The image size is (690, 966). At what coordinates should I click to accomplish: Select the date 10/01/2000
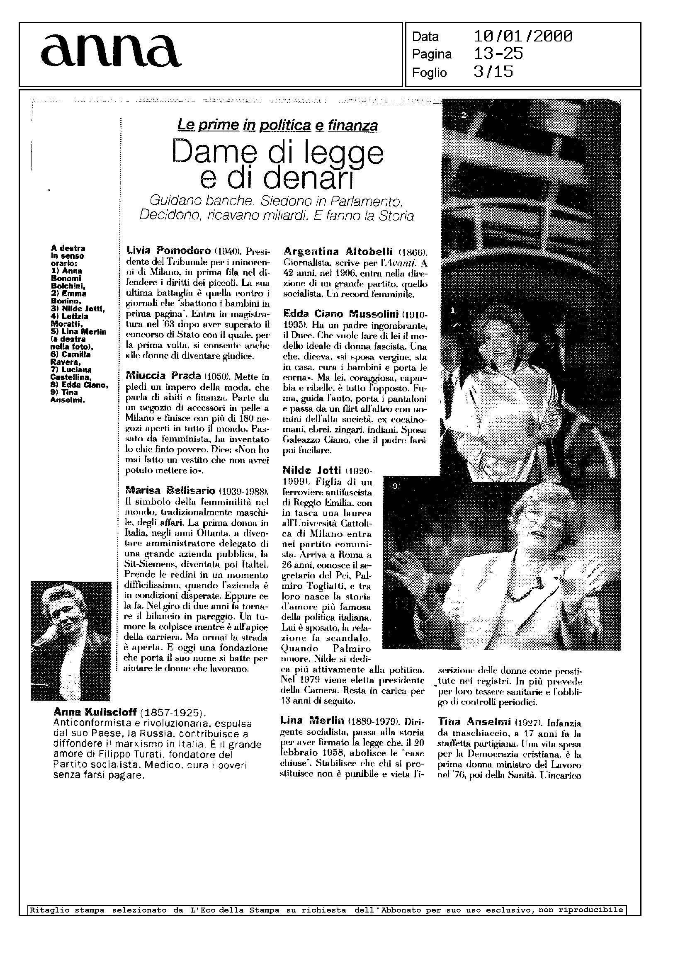pos(522,36)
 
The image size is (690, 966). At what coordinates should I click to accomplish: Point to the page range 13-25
pos(498,54)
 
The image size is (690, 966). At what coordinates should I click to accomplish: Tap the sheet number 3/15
pos(493,72)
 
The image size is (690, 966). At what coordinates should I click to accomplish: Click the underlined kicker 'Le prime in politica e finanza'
pos(277,125)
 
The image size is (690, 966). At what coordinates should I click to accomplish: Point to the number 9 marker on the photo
pos(395,487)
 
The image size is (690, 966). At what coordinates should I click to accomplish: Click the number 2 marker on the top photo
pos(464,115)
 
